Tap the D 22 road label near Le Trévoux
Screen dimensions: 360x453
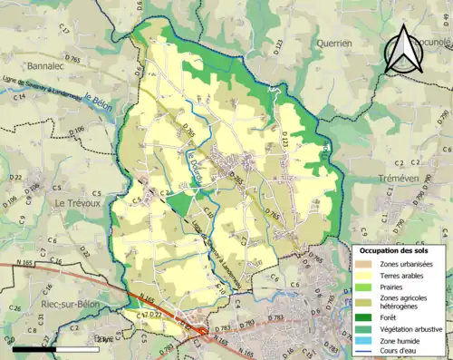[x=15, y=178]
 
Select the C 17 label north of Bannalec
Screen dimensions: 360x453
[x=64, y=31]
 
